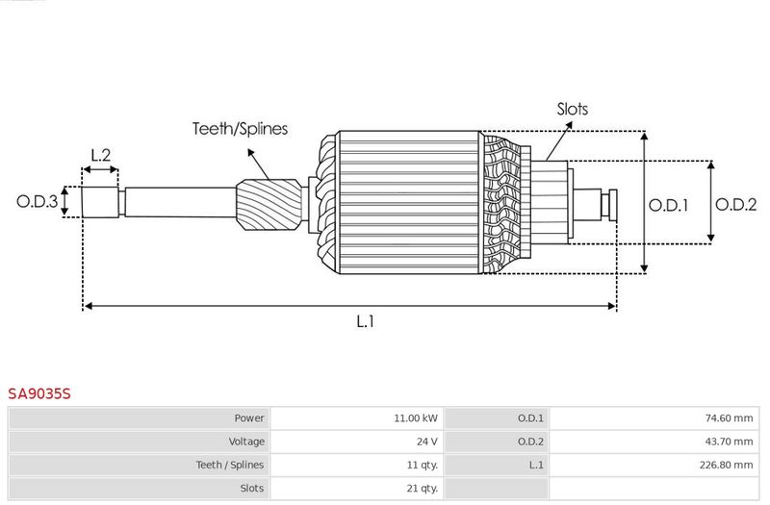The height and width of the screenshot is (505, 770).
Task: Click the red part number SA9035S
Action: (39, 393)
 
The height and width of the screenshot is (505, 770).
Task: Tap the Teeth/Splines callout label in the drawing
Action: (240, 129)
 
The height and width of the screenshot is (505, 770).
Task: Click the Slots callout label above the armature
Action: (572, 109)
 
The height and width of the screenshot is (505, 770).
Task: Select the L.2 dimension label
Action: (101, 155)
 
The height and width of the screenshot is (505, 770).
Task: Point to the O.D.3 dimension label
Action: (37, 201)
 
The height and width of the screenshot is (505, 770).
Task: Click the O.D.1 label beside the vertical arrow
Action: (668, 205)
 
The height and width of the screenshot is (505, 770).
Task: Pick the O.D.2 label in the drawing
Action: (735, 205)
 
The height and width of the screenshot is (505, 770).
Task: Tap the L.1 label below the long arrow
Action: (365, 321)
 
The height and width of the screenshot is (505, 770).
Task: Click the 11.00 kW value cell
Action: (416, 418)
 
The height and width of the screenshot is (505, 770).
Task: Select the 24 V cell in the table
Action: (426, 442)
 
